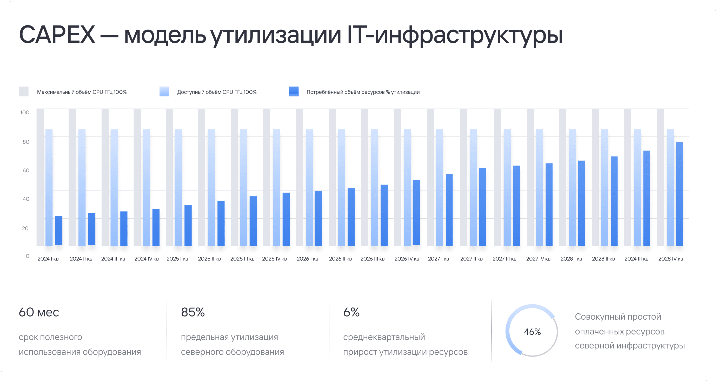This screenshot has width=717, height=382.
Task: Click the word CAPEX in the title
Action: coord(57,35)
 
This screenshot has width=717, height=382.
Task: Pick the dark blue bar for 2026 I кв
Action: coord(318,218)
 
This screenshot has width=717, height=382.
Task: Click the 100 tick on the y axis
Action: coord(25,113)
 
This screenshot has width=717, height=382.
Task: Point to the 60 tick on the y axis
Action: coord(26,170)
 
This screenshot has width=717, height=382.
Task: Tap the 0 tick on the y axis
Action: coord(27,256)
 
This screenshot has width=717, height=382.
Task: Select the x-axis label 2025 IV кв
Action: coord(274,259)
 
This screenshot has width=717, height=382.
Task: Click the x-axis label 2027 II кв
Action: coord(471,259)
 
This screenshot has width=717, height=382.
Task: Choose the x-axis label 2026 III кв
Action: coord(373,259)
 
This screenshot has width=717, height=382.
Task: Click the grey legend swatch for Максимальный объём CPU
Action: coord(24,91)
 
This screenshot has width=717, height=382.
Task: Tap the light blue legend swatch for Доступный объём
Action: coord(164,91)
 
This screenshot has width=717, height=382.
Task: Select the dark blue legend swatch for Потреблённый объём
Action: coord(294,91)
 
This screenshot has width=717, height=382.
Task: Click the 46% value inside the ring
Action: coord(532,332)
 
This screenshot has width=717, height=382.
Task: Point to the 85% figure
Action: coord(192,312)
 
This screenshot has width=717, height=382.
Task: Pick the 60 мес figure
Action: coord(39,312)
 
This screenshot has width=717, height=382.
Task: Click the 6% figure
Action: coord(351,312)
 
